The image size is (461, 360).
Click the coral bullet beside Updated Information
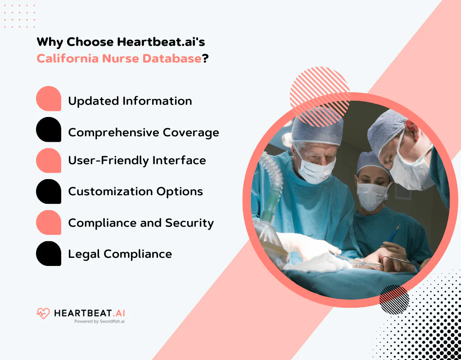pos(49,99)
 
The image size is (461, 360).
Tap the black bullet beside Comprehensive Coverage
pos(49,130)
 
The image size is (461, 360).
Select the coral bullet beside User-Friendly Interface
pos(49,161)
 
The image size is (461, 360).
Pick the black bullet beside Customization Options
pos(49,192)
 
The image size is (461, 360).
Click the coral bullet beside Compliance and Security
pos(49,223)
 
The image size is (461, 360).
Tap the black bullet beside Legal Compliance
pos(49,254)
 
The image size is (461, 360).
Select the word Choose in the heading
pos(90,42)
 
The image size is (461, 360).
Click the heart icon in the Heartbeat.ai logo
pos(43,313)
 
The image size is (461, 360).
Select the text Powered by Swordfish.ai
pos(99,322)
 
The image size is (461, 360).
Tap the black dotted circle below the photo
pos(394,299)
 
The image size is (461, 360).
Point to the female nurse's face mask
pos(373,197)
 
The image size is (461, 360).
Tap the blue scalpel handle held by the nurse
pos(396,232)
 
